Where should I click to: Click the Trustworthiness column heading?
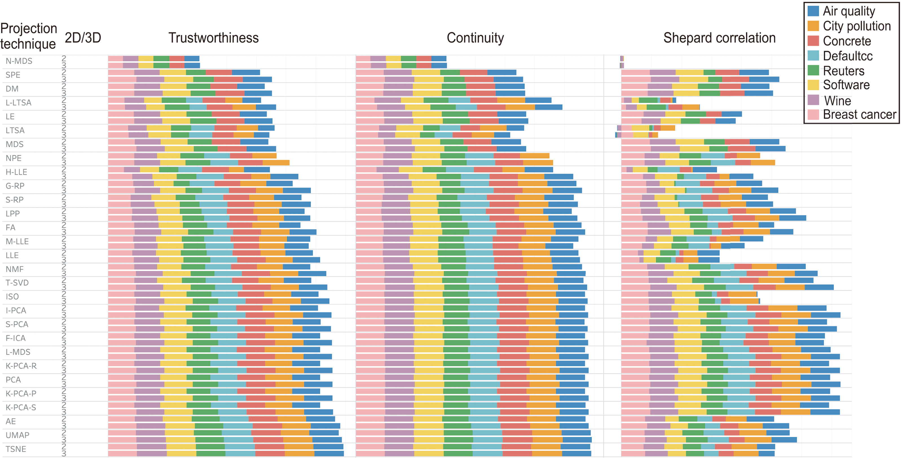tap(213, 38)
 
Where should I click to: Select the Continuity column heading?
tap(475, 38)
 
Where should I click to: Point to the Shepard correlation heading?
tap(719, 38)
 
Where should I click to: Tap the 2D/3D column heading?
tap(83, 38)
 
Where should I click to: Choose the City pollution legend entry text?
tap(857, 26)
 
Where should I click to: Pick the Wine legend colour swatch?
tap(813, 100)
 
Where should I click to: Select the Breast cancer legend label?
tap(859, 115)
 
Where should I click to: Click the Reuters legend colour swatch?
tap(813, 70)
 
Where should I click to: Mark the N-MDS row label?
tap(19, 61)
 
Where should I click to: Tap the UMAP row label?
tap(17, 435)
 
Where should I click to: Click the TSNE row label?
tap(16, 449)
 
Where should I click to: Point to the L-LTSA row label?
tap(19, 103)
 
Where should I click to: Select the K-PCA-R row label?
tap(21, 366)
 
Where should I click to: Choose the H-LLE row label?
tap(16, 172)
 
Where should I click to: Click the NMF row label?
tap(15, 269)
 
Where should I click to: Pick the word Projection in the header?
tap(29, 29)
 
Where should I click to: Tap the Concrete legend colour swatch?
tap(813, 41)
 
